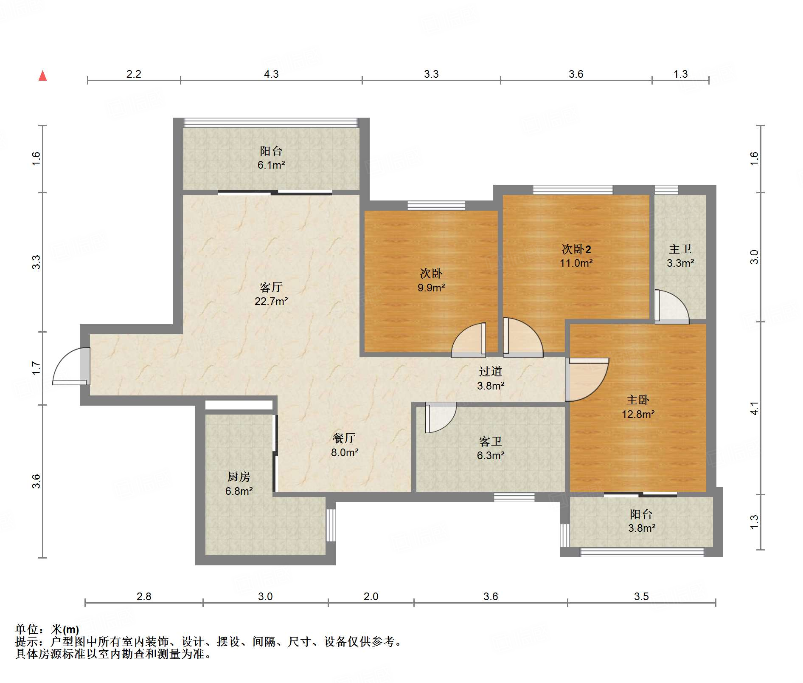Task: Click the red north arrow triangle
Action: pyautogui.click(x=42, y=76)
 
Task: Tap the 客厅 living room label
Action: pyautogui.click(x=271, y=288)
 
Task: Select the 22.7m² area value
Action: pyautogui.click(x=271, y=301)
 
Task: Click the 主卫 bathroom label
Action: pyautogui.click(x=680, y=249)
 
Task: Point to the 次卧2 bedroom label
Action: pyautogui.click(x=576, y=249)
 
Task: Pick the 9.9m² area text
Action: pyautogui.click(x=431, y=288)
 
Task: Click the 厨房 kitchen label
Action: pyautogui.click(x=239, y=477)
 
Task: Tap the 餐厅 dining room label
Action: pyautogui.click(x=344, y=438)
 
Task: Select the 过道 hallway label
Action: pyautogui.click(x=491, y=372)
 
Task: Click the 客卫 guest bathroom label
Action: pyautogui.click(x=491, y=442)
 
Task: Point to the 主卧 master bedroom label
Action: pyautogui.click(x=638, y=400)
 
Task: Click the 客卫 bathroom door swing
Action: pyautogui.click(x=441, y=418)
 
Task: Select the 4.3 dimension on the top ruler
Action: pyautogui.click(x=271, y=74)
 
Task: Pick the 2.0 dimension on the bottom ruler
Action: pyautogui.click(x=371, y=596)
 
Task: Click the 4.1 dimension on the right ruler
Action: pyautogui.click(x=754, y=409)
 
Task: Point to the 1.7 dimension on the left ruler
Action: pyautogui.click(x=36, y=368)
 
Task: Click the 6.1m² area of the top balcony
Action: pyautogui.click(x=271, y=165)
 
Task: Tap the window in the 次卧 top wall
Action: pyautogui.click(x=436, y=206)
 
